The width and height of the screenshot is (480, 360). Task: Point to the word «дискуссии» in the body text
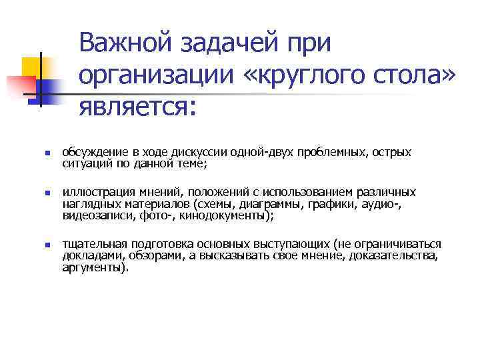tap(189, 153)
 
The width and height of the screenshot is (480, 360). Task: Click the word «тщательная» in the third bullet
tap(94, 245)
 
